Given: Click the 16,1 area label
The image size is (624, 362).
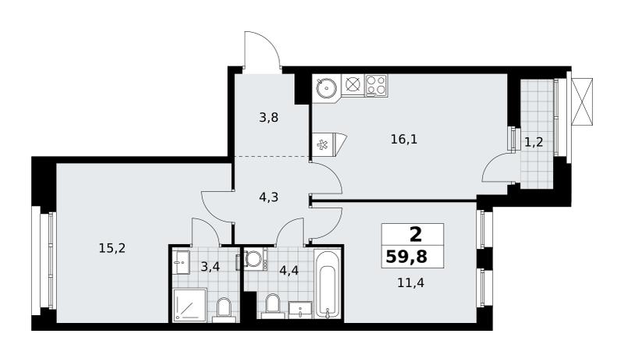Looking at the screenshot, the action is pos(404,140).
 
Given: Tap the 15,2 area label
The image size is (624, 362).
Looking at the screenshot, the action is pos(112,249).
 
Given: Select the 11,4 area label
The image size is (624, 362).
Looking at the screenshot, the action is pos(411,283).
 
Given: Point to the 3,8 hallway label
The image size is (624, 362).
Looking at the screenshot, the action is pos(268,118).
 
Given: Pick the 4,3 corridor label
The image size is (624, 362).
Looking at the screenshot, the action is pos(268,197).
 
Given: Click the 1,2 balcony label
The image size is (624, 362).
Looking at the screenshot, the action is pos(534,142).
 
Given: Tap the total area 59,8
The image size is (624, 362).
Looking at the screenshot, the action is pos(406,257).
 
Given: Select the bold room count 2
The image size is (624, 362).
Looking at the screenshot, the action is pos(416,235).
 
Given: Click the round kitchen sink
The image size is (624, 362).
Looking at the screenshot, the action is pos(327,86).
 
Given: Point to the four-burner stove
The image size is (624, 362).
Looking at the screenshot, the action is pos(376,85).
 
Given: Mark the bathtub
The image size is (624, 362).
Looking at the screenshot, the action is pos(328,283).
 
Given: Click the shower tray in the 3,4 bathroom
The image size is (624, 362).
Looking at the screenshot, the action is pos(190,305).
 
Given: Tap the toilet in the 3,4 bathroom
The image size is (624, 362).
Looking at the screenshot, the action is pos(224,310).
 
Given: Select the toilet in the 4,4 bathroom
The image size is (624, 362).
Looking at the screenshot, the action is pos(273,307).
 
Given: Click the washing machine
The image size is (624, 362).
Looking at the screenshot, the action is pos(255,260).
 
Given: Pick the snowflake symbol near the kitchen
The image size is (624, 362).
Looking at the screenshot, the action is pos(321,144).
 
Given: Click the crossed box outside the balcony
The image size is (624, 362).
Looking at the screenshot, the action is pos(582,102).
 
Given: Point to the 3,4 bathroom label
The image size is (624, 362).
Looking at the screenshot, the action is pos(210,267).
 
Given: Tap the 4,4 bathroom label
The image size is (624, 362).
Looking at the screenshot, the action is pos(289,271).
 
